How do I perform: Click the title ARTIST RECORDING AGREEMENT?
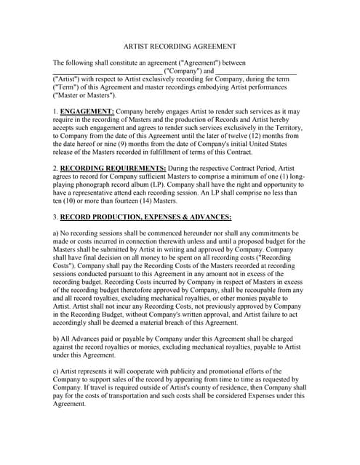click(180, 46)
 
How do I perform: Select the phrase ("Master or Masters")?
click(84, 95)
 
